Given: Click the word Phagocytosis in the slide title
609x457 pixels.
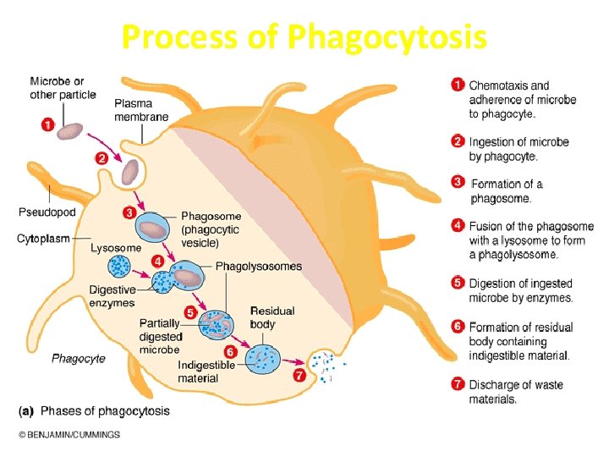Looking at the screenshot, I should pos(387,38).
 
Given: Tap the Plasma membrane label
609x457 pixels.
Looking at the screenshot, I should pos(141,110).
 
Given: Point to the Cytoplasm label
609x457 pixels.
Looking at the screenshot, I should pos(43,239).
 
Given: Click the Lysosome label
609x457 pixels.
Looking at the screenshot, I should pos(116,248).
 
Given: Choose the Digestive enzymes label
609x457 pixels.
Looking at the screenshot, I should pos(112,296).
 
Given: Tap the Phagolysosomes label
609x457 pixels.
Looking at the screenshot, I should pos(258,267).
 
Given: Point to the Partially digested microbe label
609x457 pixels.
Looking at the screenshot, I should pos(160,336).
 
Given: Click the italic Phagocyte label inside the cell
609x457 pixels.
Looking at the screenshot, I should pos(79,359).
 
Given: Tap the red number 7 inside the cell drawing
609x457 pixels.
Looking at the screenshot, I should pos(299,376).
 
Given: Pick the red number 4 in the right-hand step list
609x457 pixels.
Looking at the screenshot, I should pos(458,226).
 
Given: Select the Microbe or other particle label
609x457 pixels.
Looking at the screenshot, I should pos(63,88).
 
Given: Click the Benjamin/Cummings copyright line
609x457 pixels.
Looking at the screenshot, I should pos(69,435).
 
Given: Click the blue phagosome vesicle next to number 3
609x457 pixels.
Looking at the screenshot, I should pos(155,230).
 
